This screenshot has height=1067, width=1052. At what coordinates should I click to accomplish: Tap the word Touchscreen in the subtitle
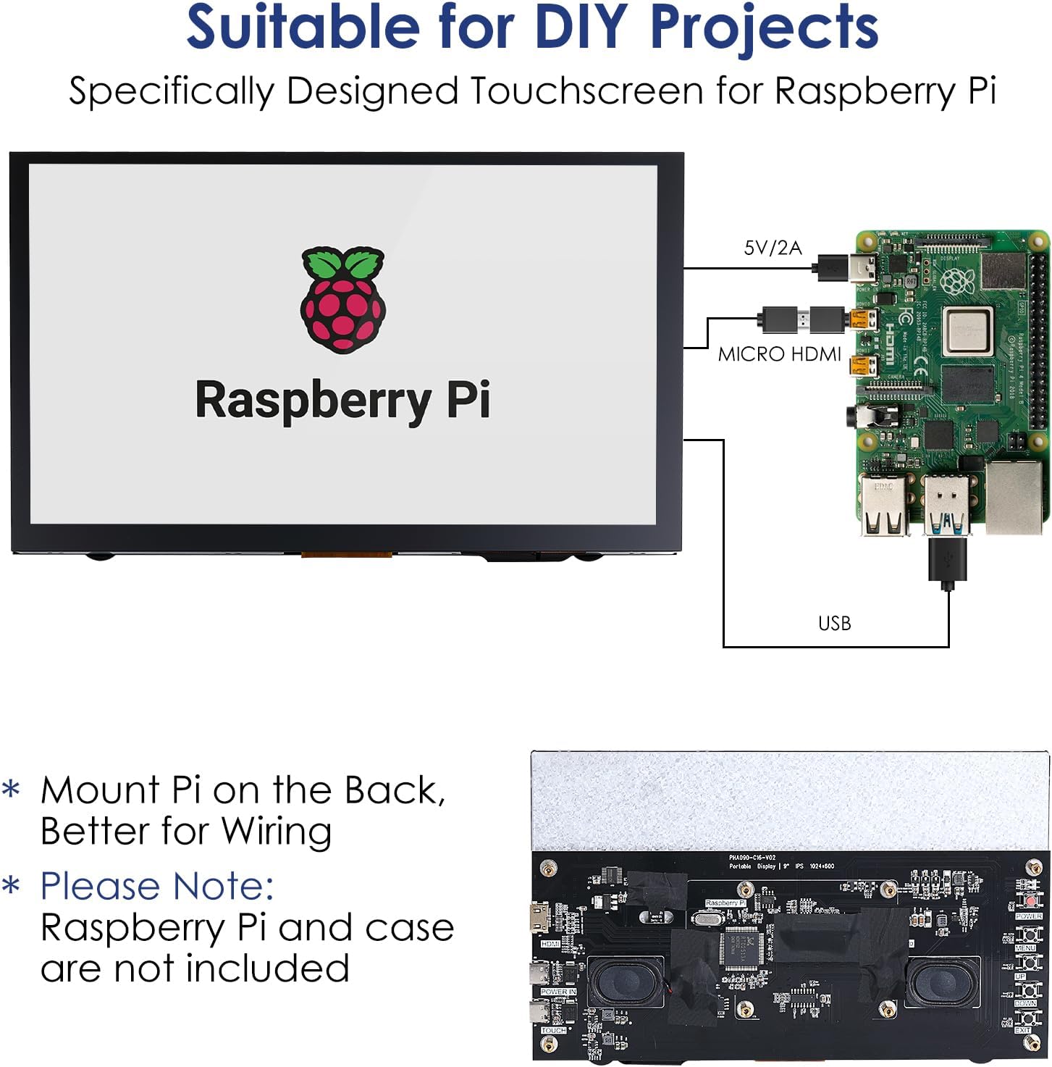(x=586, y=92)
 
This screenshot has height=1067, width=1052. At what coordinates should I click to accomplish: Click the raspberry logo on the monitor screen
(x=342, y=300)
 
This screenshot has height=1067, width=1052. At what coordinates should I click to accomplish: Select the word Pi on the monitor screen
(x=468, y=399)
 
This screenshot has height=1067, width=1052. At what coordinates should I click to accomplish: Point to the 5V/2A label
(x=773, y=248)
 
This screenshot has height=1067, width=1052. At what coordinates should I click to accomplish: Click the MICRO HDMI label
(x=779, y=354)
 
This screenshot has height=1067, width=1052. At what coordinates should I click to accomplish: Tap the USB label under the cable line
(x=834, y=624)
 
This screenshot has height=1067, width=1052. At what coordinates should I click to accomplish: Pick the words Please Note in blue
(x=157, y=886)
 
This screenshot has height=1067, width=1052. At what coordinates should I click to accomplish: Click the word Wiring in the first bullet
(x=277, y=831)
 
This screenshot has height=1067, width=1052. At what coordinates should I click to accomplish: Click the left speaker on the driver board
(x=623, y=982)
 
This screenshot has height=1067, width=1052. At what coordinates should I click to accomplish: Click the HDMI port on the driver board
(x=539, y=919)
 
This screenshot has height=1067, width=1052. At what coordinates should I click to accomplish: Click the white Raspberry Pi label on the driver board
(x=725, y=903)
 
